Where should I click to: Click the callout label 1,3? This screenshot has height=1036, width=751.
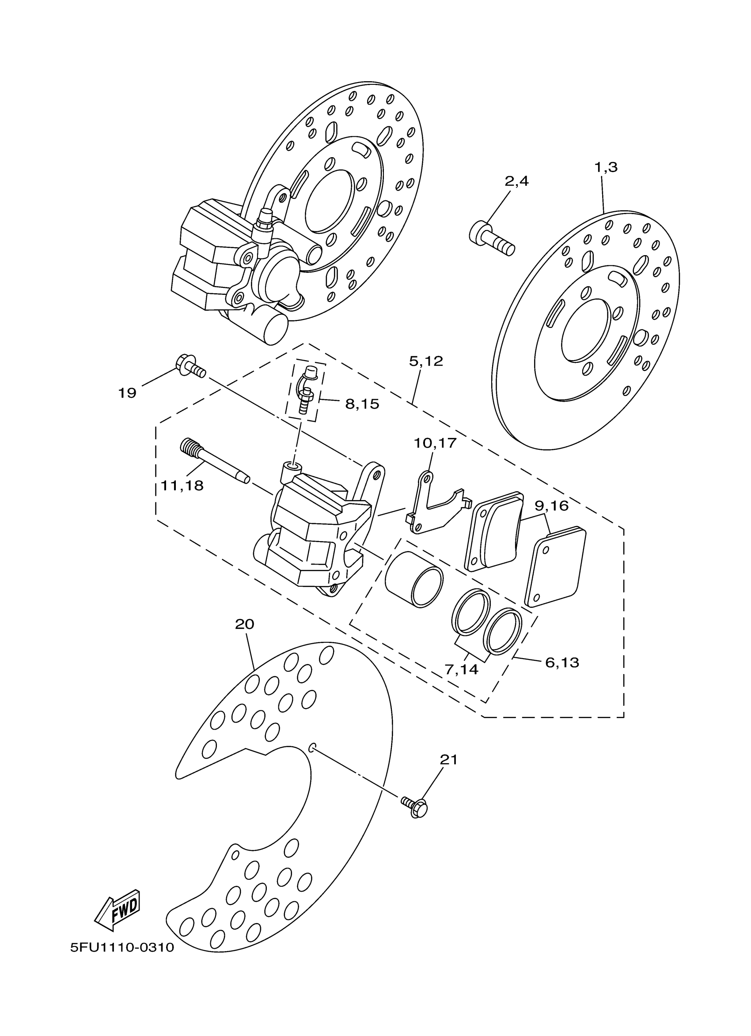[x=606, y=167]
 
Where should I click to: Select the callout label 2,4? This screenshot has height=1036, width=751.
[x=516, y=181]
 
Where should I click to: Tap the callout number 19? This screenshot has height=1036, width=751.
[x=128, y=393]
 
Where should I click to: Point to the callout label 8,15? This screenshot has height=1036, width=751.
[x=362, y=404]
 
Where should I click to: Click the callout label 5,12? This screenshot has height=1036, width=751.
[x=426, y=361]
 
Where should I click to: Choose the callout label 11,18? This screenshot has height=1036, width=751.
[x=182, y=486]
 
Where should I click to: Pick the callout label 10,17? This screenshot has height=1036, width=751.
[x=435, y=443]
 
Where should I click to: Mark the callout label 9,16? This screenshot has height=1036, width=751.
[x=551, y=506]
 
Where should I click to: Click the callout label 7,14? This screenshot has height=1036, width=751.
[x=462, y=670]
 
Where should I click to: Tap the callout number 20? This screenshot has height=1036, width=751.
[x=245, y=624]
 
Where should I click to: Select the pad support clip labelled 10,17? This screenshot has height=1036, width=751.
[x=434, y=506]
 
